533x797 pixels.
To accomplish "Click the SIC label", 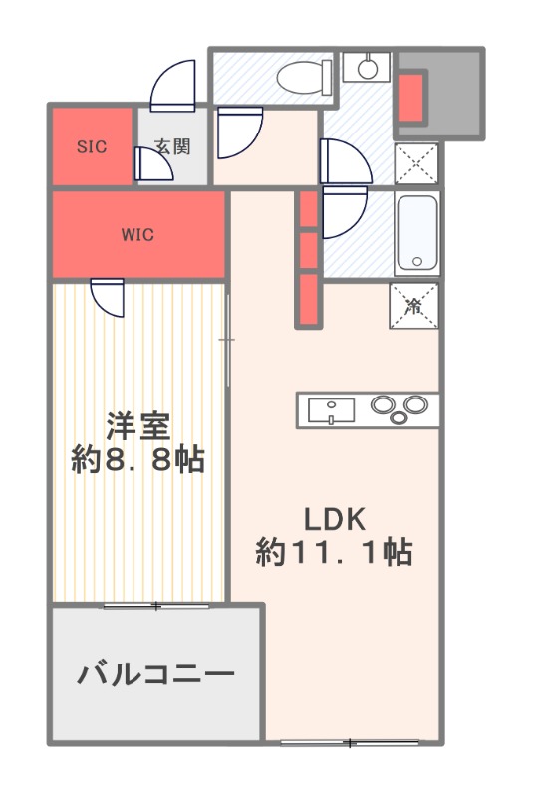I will click(x=91, y=146).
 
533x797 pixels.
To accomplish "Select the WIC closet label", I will click(x=137, y=235).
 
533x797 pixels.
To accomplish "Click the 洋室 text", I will click(x=138, y=425).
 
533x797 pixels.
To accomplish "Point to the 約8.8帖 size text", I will click(x=138, y=460).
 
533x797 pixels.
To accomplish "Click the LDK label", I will click(x=336, y=518).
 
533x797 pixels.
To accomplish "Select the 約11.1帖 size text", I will click(x=335, y=552).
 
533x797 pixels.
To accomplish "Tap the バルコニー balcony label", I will click(x=156, y=674).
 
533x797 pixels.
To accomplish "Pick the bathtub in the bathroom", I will click(x=415, y=234).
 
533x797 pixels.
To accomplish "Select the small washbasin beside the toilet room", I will click(x=368, y=68).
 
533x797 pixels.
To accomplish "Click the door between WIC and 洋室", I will click(x=107, y=296).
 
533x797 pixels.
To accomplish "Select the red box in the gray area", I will click(x=411, y=95).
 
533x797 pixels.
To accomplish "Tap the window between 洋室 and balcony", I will click(x=156, y=605).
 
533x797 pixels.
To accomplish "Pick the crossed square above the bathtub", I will click(x=415, y=163).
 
